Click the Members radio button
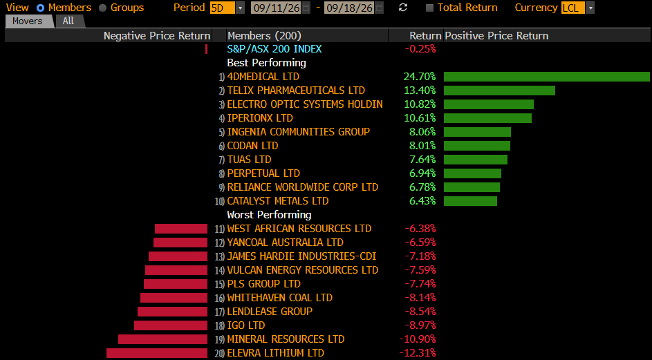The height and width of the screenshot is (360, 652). tap(40, 8)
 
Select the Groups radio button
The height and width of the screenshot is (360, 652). tap(103, 8)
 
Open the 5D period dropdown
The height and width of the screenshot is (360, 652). tap(227, 8)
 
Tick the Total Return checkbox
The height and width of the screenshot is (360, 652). tap(430, 8)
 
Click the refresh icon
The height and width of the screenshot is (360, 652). tap(402, 8)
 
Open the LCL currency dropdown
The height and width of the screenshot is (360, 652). tap(577, 8)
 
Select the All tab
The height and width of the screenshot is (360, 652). tap(68, 21)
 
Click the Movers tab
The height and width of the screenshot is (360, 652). tap(28, 21)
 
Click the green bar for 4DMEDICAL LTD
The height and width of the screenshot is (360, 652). tap(547, 77)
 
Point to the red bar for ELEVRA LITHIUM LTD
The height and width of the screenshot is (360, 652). tap(157, 353)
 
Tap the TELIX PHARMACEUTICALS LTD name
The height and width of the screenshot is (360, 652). tap(296, 91)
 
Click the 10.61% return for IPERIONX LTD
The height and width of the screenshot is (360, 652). tap(420, 118)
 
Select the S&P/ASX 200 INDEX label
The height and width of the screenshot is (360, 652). tap(274, 49)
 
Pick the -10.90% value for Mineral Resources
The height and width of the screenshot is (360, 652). tap(418, 339)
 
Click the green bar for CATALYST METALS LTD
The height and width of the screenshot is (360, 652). tap(470, 201)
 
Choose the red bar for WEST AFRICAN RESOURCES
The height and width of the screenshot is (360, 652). tap(181, 229)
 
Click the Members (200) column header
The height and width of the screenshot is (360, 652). tap(264, 36)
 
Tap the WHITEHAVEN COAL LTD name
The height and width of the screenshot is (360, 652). tap(280, 298)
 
